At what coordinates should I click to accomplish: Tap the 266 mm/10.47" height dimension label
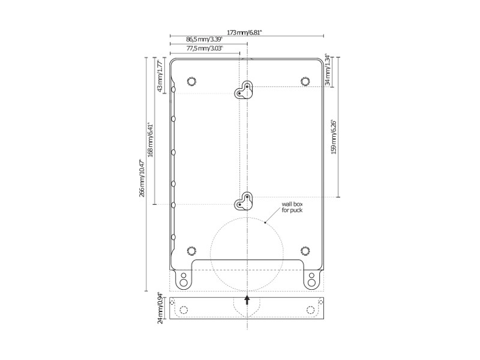click(142, 178)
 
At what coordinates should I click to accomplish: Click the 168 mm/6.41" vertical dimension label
click(151, 140)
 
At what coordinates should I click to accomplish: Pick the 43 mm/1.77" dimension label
click(160, 76)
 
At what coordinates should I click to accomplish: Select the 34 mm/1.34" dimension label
click(327, 70)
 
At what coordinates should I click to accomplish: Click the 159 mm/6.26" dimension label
click(334, 136)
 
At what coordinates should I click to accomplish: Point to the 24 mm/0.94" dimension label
click(160, 308)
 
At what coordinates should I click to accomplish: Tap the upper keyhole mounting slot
click(244, 90)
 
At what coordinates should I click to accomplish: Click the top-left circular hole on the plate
click(191, 81)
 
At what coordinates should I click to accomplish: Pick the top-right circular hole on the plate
click(305, 81)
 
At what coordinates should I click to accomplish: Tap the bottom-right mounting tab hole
click(312, 278)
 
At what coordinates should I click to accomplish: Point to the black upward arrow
click(247, 299)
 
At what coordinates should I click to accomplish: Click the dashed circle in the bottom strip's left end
click(184, 310)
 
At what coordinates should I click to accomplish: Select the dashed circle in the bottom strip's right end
click(310, 310)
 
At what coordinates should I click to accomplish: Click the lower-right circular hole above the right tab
click(305, 250)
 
